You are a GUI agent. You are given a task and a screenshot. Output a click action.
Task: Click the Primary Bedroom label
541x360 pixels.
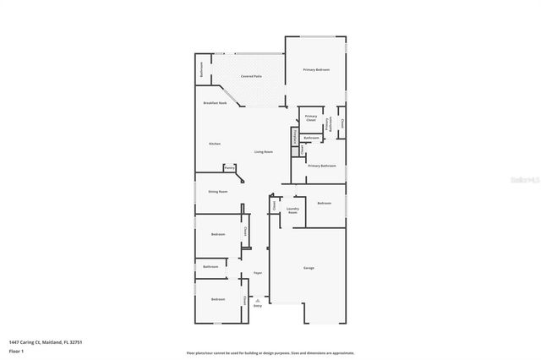(x=316, y=69)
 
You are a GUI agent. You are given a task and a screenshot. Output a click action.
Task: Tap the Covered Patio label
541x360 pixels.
(x=251, y=76)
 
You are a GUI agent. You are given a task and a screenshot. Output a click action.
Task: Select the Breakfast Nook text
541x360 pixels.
(x=216, y=103)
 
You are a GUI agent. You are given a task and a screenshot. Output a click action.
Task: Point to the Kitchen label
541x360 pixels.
(x=215, y=144)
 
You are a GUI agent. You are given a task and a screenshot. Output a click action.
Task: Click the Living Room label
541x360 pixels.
(x=264, y=151)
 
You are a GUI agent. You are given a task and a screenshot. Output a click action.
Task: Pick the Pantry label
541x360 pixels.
(x=229, y=167)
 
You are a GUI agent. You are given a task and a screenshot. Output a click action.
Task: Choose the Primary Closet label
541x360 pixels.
(x=310, y=117)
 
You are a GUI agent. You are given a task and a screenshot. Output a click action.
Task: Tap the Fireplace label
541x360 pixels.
(x=294, y=135)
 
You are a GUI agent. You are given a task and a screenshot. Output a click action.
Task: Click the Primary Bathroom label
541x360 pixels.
(x=321, y=166)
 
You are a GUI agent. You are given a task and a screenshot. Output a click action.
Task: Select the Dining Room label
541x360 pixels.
(x=218, y=192)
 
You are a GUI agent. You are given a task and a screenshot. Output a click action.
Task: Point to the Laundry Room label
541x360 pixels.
(x=292, y=210)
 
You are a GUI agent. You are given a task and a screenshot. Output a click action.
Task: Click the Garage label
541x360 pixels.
(x=309, y=268)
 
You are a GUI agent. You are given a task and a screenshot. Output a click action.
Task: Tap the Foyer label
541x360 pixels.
(x=258, y=273)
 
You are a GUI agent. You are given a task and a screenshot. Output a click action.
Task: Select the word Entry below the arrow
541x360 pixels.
(x=258, y=305)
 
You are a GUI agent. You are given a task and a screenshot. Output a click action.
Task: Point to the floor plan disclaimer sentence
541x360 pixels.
(x=270, y=352)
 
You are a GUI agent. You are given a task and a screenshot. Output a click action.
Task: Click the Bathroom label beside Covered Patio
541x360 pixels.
(x=201, y=69)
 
